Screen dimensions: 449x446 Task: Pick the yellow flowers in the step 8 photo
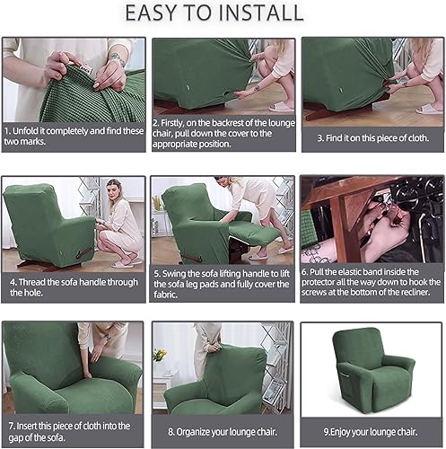[160, 355]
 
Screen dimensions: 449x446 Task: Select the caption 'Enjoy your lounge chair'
[372, 430]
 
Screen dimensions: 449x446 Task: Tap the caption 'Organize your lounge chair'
[222, 430]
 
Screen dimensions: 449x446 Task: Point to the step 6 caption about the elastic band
[372, 286]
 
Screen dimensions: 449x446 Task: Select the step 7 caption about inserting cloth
[74, 430]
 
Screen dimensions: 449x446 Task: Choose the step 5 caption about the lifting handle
[222, 286]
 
